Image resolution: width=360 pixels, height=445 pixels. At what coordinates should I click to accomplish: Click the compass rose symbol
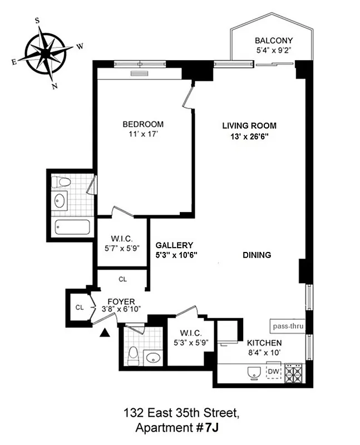[47, 53]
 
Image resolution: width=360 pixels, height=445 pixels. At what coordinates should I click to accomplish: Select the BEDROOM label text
[143, 124]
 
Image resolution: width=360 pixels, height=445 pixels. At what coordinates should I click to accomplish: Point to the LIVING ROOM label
[249, 126]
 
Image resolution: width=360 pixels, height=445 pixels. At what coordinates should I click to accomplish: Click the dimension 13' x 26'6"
[249, 137]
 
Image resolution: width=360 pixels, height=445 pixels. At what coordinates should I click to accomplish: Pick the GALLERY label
[174, 245]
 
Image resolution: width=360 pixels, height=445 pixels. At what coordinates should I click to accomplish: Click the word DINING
[257, 255]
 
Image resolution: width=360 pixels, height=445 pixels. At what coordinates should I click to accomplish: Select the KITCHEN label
[264, 343]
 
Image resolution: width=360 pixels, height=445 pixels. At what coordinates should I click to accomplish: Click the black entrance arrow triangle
[104, 333]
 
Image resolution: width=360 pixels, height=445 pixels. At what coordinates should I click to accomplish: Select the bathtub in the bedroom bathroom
[73, 228]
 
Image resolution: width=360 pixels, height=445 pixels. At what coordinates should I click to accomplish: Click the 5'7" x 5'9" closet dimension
[121, 248]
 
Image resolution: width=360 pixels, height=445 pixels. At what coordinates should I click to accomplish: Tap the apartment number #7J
[206, 428]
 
